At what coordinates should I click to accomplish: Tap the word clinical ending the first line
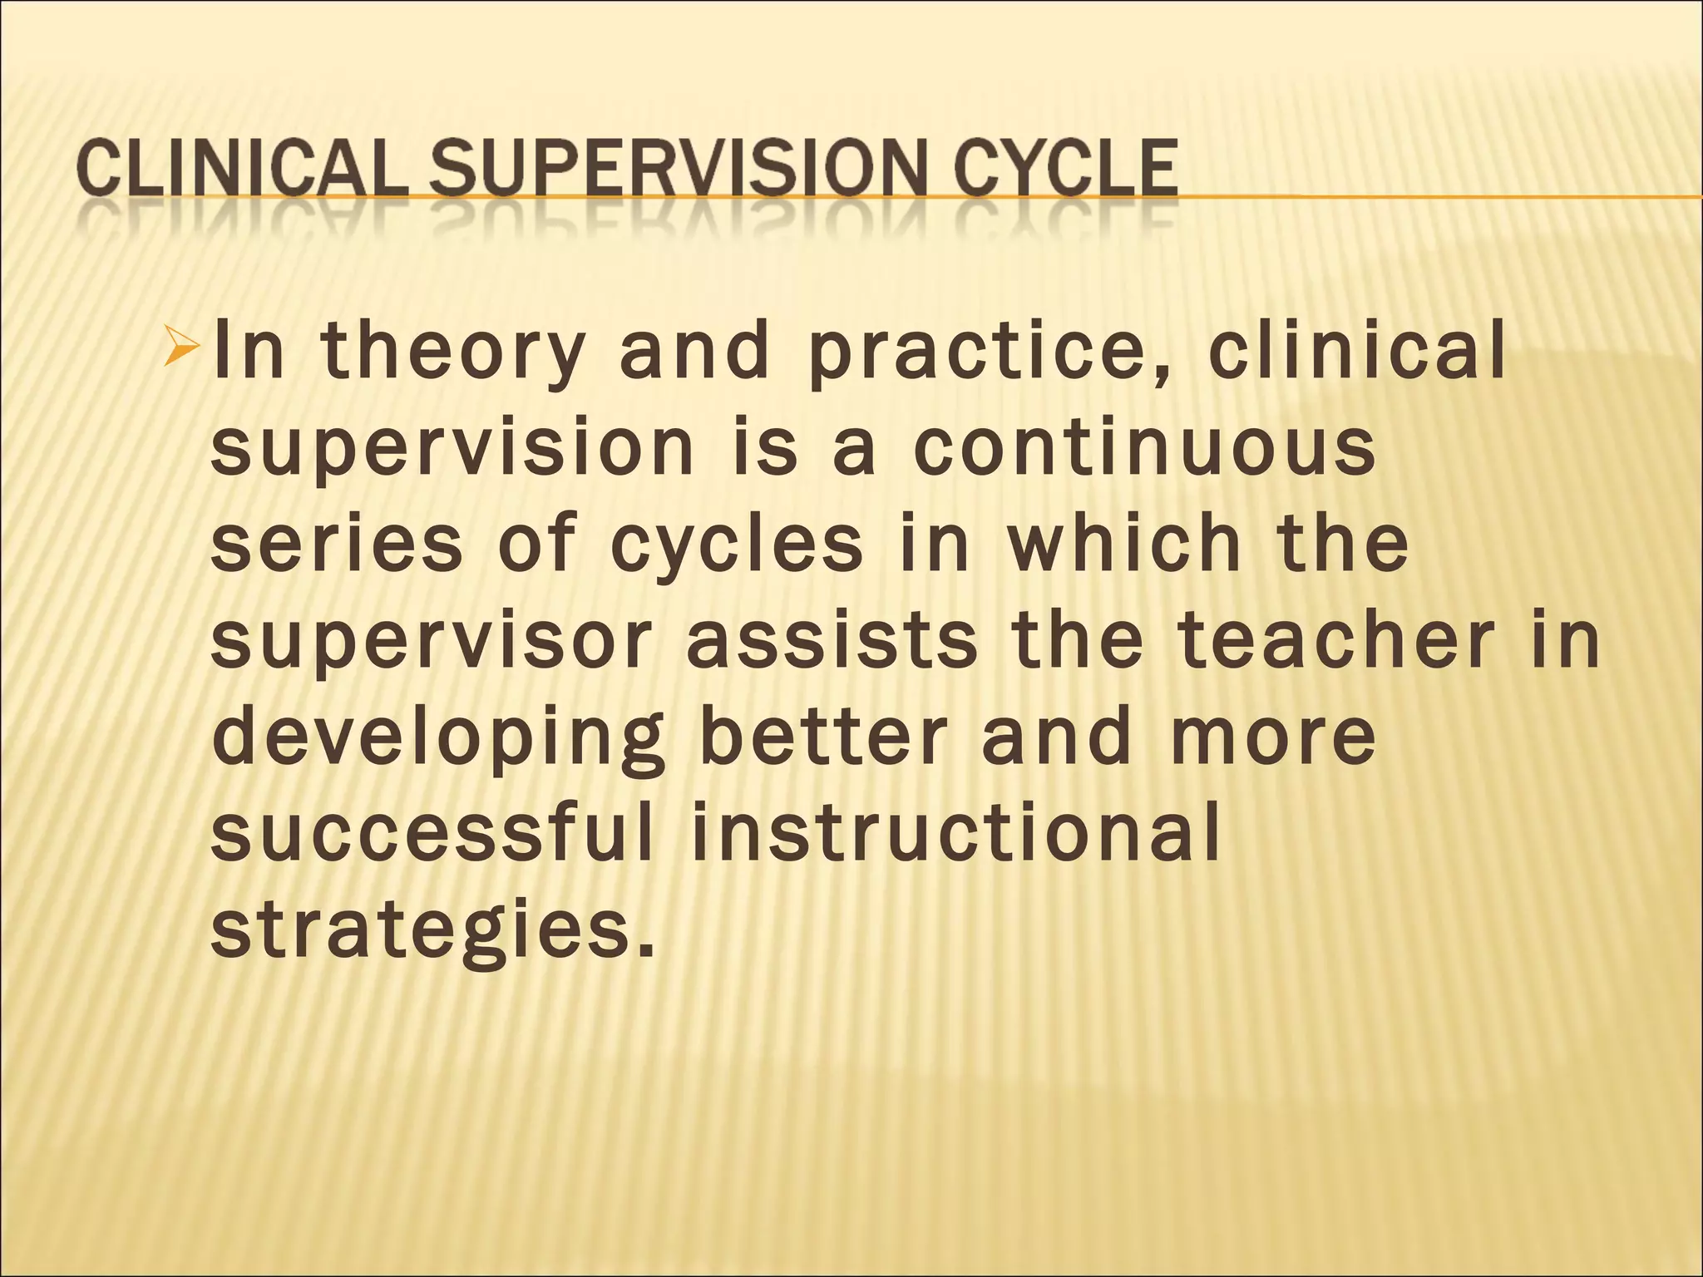[1356, 352]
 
